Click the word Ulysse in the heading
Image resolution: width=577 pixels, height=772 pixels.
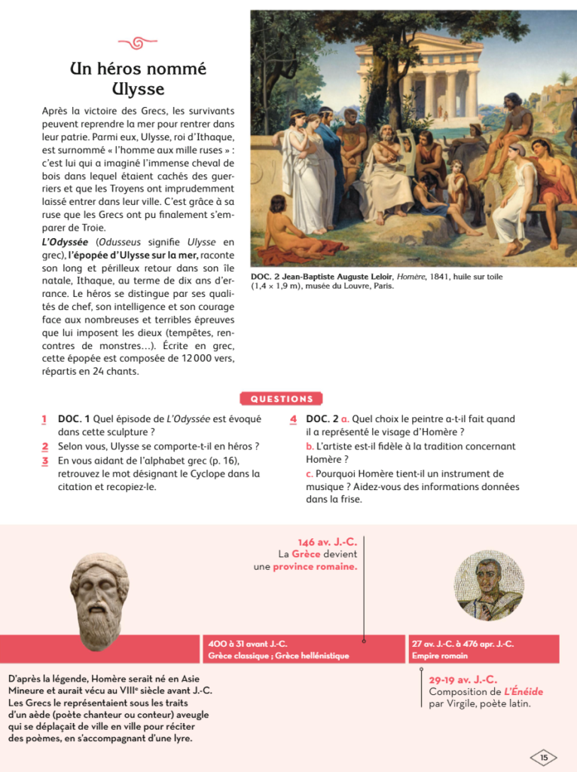[138, 89]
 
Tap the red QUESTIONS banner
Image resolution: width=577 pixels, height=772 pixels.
[281, 399]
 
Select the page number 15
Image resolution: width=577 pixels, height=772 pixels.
[544, 757]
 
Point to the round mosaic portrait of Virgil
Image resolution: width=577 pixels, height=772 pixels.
[488, 585]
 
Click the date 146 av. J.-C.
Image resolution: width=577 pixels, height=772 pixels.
[327, 542]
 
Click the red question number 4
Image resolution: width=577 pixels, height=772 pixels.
[293, 419]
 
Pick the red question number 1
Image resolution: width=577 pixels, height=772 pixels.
[44, 419]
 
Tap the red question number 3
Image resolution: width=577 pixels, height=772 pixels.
[44, 461]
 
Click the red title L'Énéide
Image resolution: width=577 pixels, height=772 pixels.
[524, 691]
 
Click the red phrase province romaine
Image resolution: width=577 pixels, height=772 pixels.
[315, 566]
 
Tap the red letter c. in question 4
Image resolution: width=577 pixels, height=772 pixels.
[309, 473]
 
